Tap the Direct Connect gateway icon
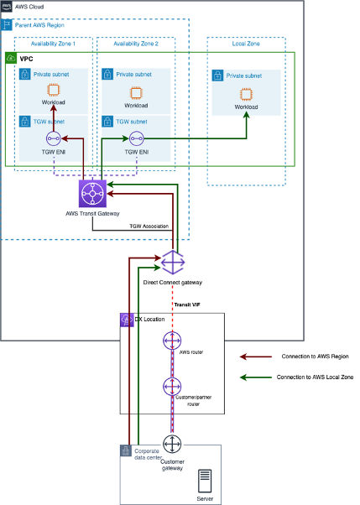tap(173, 262)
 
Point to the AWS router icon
tap(173, 341)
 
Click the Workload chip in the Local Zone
tap(247, 92)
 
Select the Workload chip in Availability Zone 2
tap(135, 91)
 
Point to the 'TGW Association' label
tap(152, 226)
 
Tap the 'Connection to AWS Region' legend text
tap(309, 356)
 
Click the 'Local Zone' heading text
tap(246, 43)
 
